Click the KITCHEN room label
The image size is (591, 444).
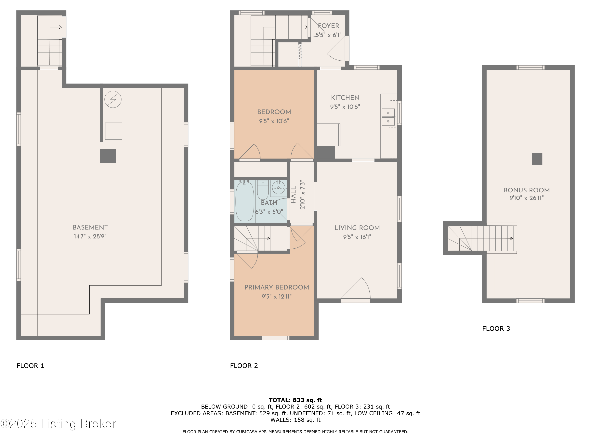345,98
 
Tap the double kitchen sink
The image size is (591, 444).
388,117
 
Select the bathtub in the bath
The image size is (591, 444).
244,201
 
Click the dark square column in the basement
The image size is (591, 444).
108,156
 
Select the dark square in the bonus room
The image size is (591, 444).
537,159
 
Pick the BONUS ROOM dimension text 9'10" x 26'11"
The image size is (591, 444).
526,198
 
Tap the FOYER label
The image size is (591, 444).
328,26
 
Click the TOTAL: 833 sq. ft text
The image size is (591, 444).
295,400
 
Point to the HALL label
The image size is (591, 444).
293,195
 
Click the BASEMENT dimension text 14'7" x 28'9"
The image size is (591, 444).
90,236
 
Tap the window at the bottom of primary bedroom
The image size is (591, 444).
275,338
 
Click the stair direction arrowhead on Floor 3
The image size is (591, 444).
512,238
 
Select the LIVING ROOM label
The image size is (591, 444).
357,228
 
